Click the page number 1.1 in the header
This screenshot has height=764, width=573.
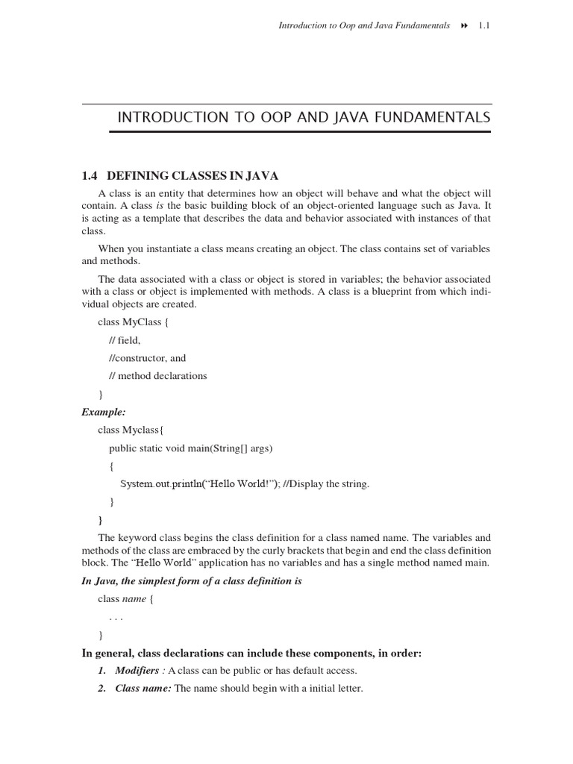tap(483, 25)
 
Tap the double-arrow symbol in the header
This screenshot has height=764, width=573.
tap(463, 25)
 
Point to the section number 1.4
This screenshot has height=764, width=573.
tap(90, 176)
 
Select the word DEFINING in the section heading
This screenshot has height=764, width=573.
tap(135, 176)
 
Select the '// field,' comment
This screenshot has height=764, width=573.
tap(125, 339)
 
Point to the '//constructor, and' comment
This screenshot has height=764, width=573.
tap(147, 357)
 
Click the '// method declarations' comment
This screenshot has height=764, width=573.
tap(158, 375)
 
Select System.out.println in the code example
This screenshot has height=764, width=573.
tap(161, 483)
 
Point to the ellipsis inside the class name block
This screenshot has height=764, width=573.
tap(116, 618)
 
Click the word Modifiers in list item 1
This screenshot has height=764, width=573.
tap(137, 671)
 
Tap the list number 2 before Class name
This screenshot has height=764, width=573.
tap(102, 689)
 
